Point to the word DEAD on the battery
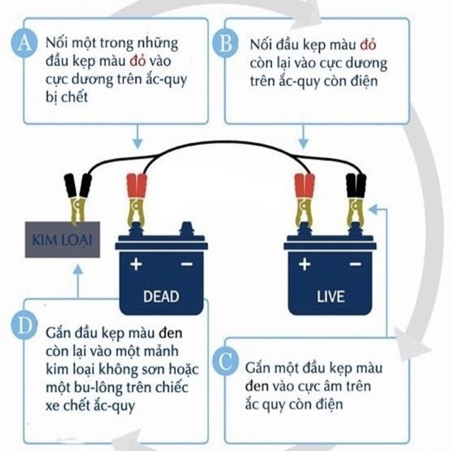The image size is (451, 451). (x=161, y=296)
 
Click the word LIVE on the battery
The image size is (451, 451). (x=330, y=296)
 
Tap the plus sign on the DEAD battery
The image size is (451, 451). (x=136, y=264)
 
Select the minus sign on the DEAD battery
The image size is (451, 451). (x=186, y=264)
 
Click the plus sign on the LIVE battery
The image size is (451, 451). (x=304, y=264)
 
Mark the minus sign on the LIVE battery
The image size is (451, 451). (x=355, y=264)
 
